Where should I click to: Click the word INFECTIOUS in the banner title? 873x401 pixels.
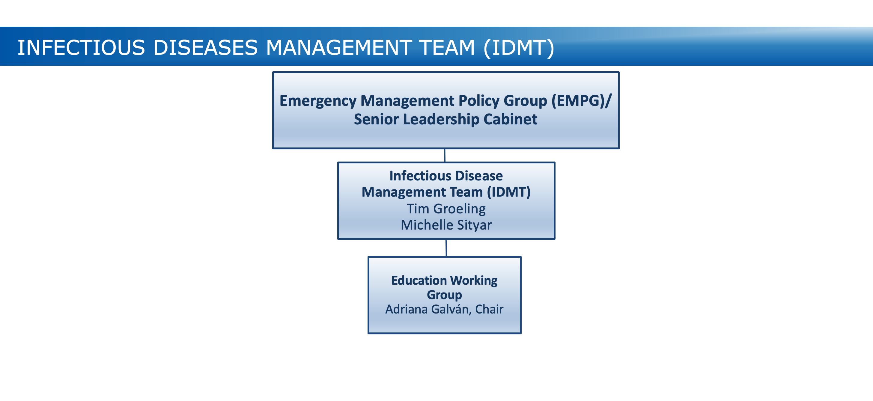pyautogui.click(x=81, y=47)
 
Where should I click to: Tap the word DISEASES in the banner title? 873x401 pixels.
pyautogui.click(x=205, y=47)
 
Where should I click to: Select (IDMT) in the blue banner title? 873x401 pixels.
pyautogui.click(x=519, y=48)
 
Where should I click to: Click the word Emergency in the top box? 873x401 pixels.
pyautogui.click(x=318, y=101)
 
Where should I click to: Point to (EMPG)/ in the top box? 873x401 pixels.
pyautogui.click(x=582, y=101)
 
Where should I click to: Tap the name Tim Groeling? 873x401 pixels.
pyautogui.click(x=446, y=209)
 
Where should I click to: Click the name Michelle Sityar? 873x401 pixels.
pyautogui.click(x=446, y=225)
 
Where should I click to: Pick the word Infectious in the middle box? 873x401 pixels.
pyautogui.click(x=419, y=176)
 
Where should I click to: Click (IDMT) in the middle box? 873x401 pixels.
pyautogui.click(x=509, y=192)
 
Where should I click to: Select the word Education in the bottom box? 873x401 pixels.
pyautogui.click(x=419, y=281)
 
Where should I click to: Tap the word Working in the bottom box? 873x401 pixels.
pyautogui.click(x=474, y=281)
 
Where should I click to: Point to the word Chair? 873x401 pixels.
pyautogui.click(x=489, y=309)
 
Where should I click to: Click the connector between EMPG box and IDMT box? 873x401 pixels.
pyautogui.click(x=445, y=156)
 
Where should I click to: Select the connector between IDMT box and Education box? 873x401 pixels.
pyautogui.click(x=446, y=248)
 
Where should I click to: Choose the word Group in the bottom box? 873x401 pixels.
pyautogui.click(x=444, y=295)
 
